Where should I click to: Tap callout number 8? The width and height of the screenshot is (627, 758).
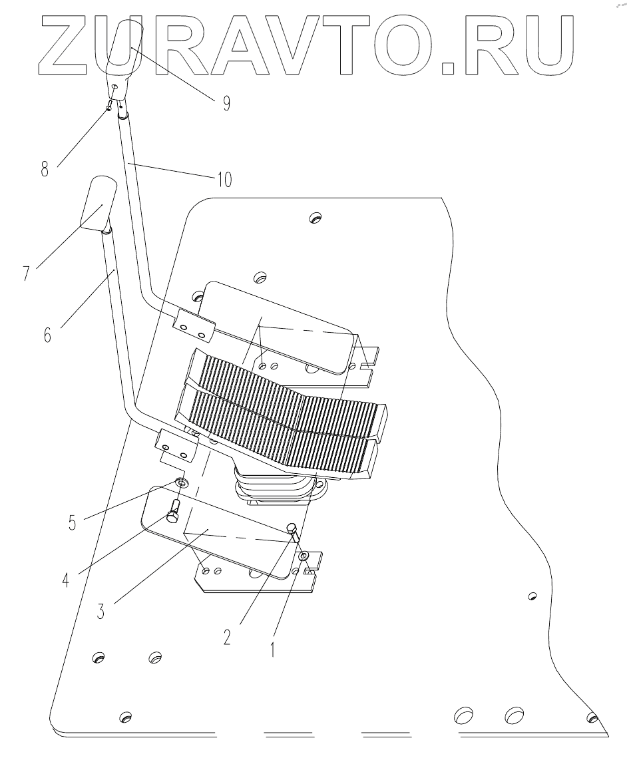[45, 169]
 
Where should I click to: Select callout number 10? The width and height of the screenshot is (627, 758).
[224, 180]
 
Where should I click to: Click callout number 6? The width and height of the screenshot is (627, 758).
[47, 333]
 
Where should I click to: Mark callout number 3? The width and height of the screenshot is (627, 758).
[101, 611]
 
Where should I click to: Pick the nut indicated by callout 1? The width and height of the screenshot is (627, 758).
[304, 556]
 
